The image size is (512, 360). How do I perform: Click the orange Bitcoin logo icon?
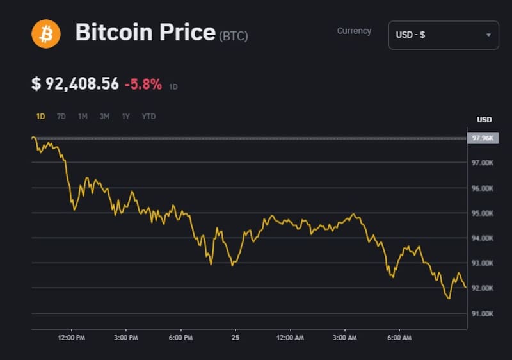[46, 33]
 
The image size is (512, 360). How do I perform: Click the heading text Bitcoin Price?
[145, 33]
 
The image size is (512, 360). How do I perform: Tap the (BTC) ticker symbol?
[234, 37]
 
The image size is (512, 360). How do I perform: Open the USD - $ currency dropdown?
[444, 35]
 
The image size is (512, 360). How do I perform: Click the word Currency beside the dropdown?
[354, 31]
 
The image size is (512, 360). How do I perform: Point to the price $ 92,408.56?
[75, 84]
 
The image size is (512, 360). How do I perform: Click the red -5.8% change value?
[143, 84]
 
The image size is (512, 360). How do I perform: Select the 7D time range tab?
[61, 117]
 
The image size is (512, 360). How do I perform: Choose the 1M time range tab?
[83, 117]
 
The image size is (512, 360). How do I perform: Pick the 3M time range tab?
[104, 117]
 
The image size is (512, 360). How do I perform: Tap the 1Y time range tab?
[126, 117]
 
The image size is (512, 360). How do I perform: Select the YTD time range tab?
[148, 117]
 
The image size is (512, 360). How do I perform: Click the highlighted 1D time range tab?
[40, 117]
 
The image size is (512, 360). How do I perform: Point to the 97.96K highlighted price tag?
[483, 138]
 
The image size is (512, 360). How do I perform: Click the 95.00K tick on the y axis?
[483, 213]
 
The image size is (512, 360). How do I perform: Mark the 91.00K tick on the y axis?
[483, 313]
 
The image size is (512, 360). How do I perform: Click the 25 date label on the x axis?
[236, 337]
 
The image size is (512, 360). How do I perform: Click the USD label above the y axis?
[484, 120]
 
